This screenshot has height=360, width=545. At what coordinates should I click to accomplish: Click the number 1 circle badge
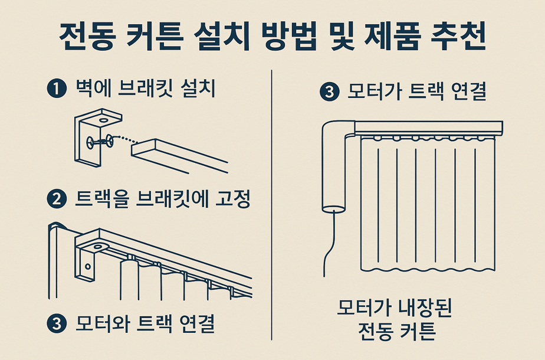(x=55, y=89)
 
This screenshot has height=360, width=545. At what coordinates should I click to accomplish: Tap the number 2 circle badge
(x=55, y=200)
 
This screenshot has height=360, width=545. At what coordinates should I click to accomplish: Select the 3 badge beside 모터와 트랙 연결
(x=55, y=323)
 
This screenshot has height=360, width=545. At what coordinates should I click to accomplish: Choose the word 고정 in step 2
(x=234, y=200)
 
